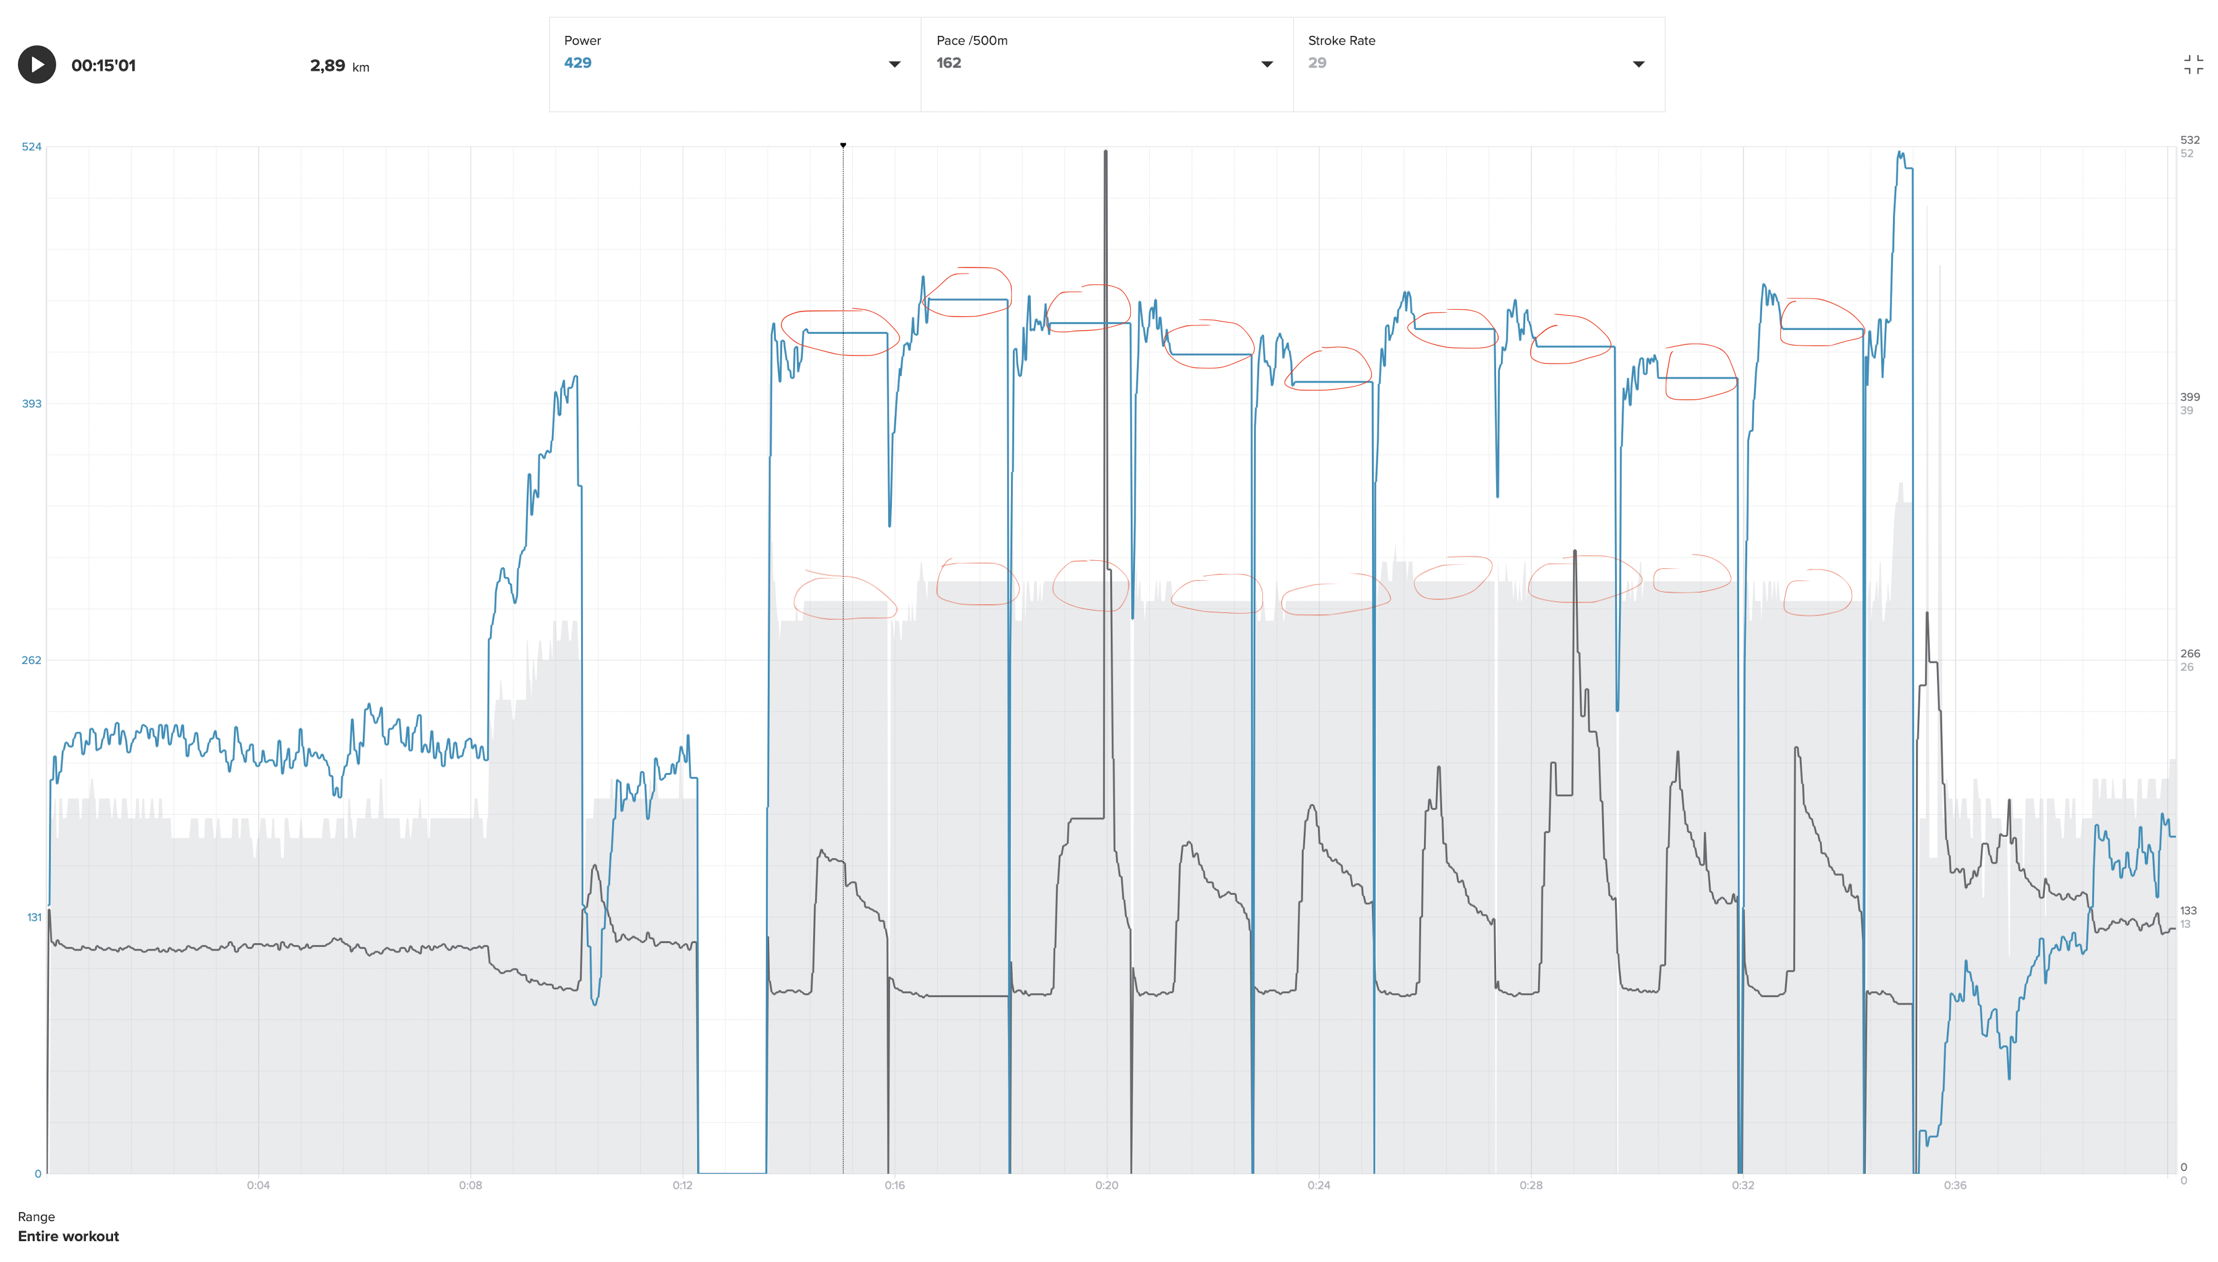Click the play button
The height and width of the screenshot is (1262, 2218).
[37, 65]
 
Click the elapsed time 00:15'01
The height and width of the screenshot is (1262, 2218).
[103, 66]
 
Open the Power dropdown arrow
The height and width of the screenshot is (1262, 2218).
[894, 64]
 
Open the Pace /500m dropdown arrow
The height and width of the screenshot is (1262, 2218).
[1266, 64]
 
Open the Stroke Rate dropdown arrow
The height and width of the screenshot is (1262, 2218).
[1637, 64]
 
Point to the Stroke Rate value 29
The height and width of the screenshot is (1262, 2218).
[1317, 63]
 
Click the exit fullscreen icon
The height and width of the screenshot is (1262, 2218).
[2193, 65]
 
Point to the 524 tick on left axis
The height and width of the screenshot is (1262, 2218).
[31, 146]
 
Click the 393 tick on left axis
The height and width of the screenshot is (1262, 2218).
[31, 403]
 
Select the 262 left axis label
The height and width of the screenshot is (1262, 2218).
[31, 660]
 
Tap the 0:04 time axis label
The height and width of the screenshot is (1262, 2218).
[258, 1185]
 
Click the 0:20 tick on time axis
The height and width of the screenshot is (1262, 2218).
[1107, 1185]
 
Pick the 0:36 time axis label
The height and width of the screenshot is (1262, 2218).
[1954, 1185]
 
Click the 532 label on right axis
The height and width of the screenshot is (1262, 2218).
[2189, 140]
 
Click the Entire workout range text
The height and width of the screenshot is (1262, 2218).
[68, 1236]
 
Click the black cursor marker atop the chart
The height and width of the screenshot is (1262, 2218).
[843, 145]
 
